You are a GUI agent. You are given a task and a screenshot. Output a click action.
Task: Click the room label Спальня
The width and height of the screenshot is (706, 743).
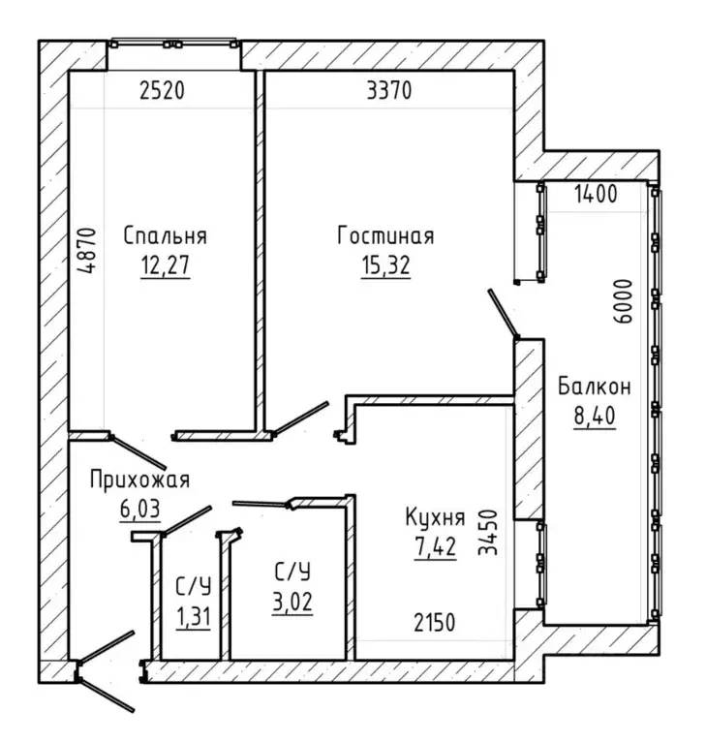[165, 235]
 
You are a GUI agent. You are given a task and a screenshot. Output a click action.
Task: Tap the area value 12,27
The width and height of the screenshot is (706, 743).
[165, 264]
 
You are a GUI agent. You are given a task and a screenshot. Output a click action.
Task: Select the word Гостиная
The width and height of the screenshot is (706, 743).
[385, 235]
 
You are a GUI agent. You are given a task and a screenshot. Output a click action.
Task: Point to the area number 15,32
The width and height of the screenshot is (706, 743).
[385, 264]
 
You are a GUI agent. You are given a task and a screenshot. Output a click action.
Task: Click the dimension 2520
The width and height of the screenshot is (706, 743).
[162, 90]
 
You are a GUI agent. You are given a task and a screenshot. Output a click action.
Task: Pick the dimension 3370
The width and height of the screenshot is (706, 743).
[389, 90]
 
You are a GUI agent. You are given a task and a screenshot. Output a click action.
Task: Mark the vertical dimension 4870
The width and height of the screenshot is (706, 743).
[88, 251]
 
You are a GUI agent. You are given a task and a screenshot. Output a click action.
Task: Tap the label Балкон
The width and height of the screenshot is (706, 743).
[595, 387]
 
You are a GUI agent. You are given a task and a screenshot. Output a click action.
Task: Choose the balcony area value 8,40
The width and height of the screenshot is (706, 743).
[595, 416]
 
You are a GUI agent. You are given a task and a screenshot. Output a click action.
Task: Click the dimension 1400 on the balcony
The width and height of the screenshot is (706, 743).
[596, 194]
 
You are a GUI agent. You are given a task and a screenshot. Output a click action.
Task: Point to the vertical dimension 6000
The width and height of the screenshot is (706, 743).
[623, 301]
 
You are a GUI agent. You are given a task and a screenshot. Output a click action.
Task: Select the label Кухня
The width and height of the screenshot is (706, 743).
[435, 517]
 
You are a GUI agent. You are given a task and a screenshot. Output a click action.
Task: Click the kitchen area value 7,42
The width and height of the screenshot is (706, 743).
[435, 546]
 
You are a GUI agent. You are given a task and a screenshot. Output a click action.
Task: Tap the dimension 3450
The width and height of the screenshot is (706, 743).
[488, 532]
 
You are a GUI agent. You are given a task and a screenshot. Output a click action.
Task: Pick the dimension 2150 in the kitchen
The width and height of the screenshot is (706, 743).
[435, 623]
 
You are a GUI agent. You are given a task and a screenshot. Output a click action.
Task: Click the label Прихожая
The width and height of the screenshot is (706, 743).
[139, 480]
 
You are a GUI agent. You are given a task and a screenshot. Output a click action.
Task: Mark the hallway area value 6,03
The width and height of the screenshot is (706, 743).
[140, 509]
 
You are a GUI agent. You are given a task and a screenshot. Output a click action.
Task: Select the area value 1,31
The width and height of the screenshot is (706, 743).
[193, 617]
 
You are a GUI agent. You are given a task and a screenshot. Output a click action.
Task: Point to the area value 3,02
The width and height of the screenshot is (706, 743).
[292, 603]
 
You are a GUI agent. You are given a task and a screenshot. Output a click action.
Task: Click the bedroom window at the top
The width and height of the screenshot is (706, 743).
[173, 45]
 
